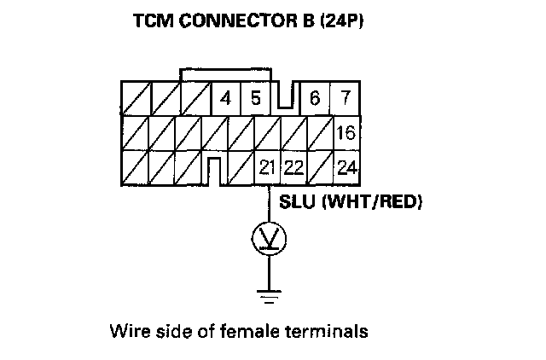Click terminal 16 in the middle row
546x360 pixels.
[x=345, y=134]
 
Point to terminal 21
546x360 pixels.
[x=266, y=167]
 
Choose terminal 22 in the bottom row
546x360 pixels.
[x=293, y=167]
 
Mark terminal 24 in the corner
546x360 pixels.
[x=345, y=167]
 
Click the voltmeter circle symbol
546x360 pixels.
[x=269, y=239]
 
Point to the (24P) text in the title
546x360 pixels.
[x=342, y=21]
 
